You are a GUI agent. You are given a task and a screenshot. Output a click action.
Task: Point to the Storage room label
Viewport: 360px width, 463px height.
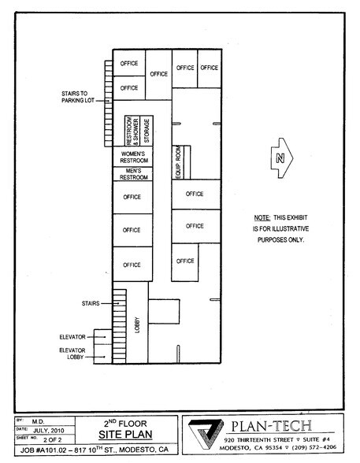coord(147,130)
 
